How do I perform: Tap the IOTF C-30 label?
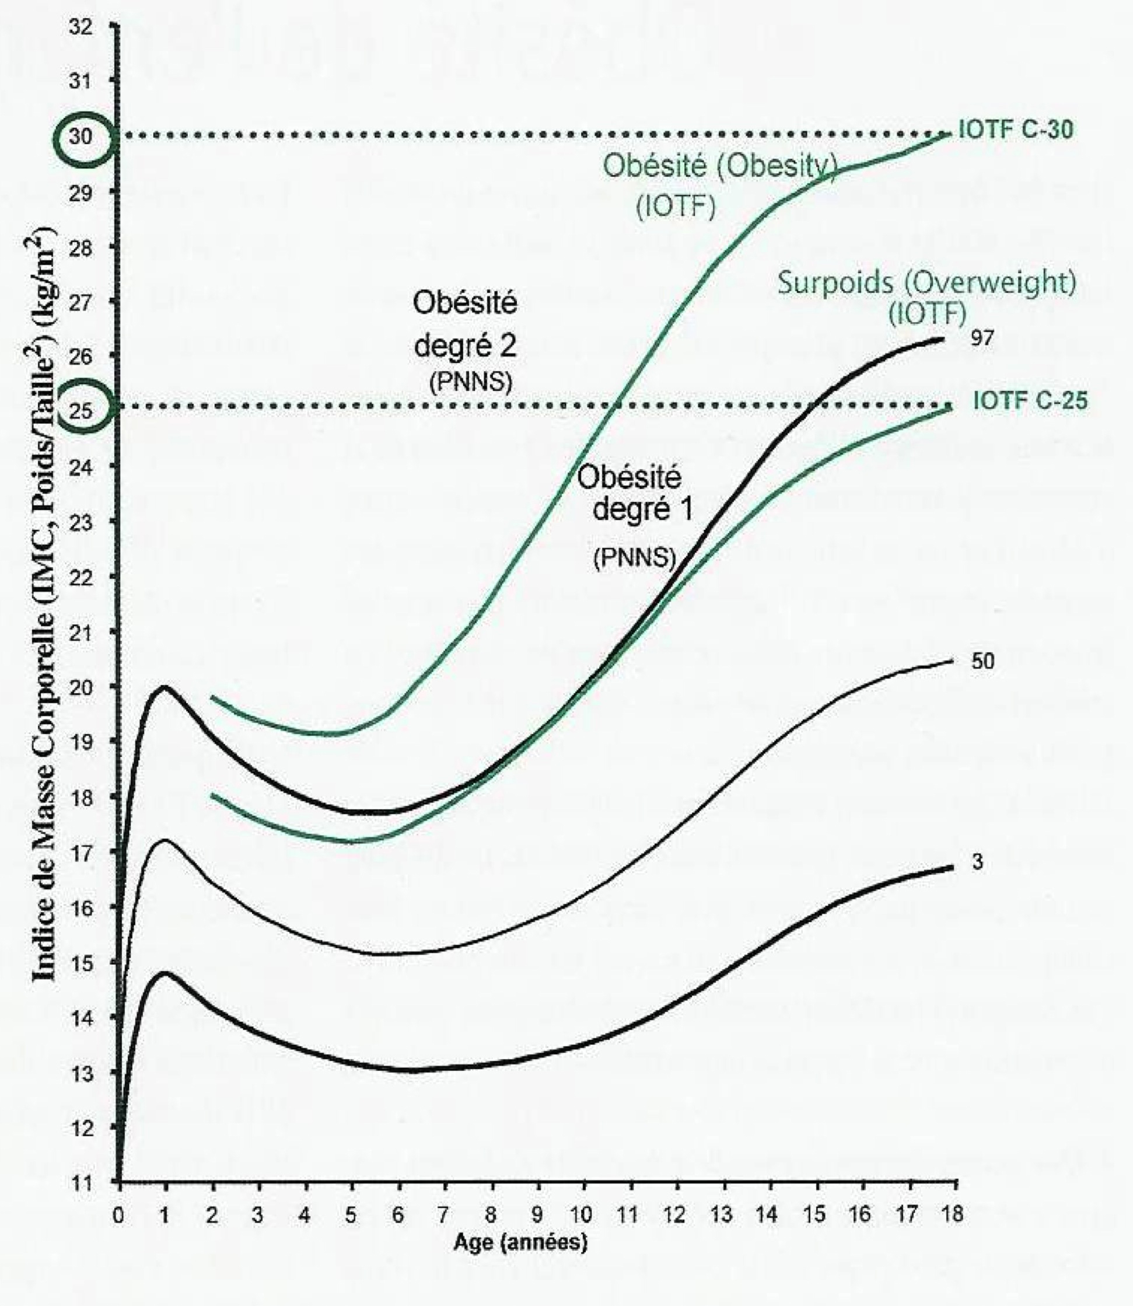click(x=1015, y=130)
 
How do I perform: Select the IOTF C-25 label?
click(x=1030, y=401)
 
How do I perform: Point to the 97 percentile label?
click(x=982, y=339)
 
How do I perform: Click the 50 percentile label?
click(x=982, y=662)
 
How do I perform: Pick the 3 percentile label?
click(x=977, y=862)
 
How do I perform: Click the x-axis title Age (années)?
click(x=520, y=1243)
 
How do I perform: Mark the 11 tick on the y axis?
click(x=82, y=1181)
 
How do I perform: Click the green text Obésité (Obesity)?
click(x=720, y=167)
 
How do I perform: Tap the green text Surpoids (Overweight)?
click(x=926, y=282)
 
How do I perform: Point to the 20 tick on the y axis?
click(x=82, y=686)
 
